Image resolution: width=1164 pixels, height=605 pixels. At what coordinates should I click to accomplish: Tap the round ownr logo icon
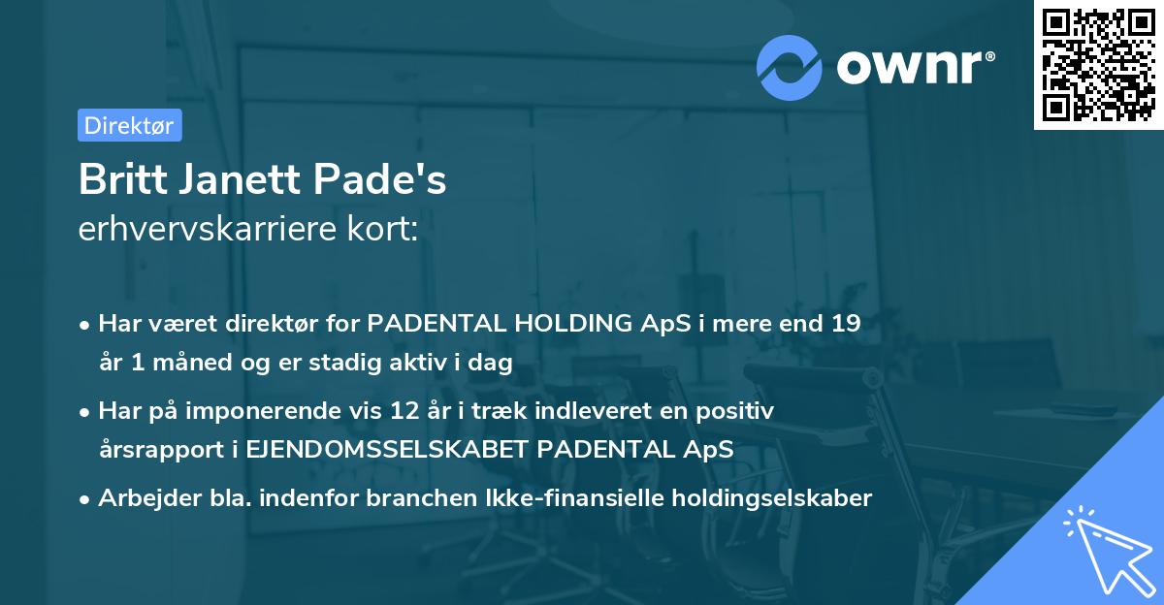coord(791,67)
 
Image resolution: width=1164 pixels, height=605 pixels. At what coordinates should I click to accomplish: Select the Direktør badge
coord(129,125)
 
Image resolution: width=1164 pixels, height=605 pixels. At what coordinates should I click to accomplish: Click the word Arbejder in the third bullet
coord(143,498)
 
